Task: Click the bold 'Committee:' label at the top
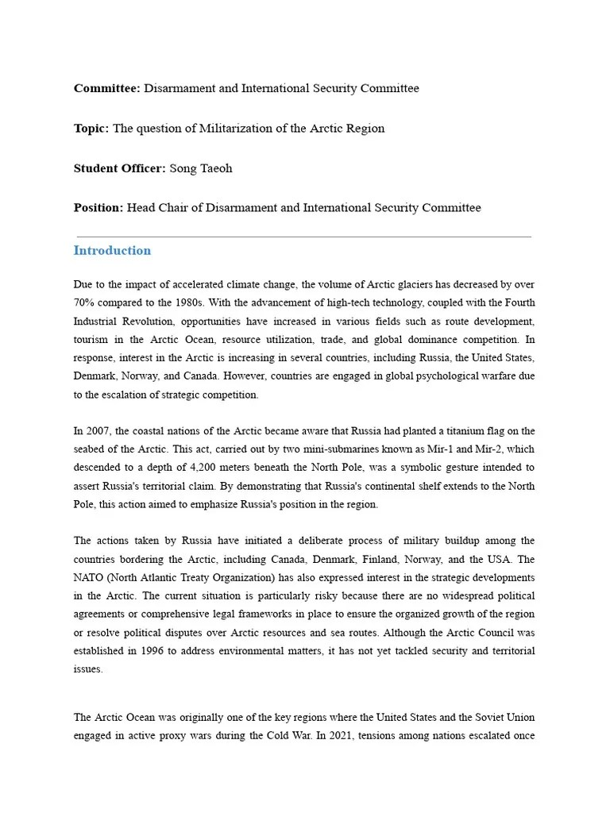point(107,89)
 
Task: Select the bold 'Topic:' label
point(91,129)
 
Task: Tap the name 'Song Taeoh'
point(201,168)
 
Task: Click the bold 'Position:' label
point(98,208)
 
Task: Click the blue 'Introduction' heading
point(112,251)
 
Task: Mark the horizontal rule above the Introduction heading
point(303,237)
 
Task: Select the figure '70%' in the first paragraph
point(85,302)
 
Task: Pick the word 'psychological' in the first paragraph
point(371,376)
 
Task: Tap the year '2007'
point(98,431)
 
